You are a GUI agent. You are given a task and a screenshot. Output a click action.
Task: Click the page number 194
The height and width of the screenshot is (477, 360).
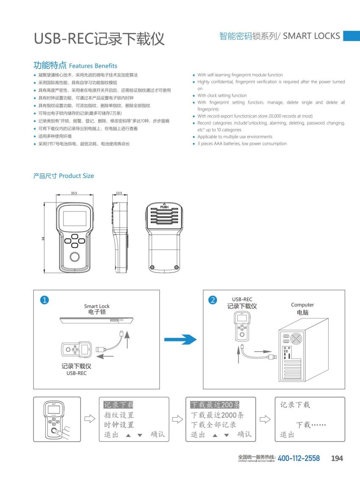[x=337, y=458]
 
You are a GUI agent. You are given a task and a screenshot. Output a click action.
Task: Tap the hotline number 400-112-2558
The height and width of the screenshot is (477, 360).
[x=299, y=458]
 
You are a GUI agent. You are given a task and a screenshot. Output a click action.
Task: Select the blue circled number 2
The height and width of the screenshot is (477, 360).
[x=213, y=300]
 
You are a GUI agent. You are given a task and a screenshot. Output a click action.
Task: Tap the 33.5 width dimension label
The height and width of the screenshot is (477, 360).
[x=74, y=193]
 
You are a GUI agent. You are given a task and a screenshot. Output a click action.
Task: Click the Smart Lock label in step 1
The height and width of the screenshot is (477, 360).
[x=97, y=306]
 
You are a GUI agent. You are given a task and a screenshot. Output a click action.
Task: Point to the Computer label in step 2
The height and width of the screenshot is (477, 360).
[x=302, y=305]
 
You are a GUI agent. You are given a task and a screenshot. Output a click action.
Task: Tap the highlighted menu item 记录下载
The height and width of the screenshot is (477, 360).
[x=119, y=405]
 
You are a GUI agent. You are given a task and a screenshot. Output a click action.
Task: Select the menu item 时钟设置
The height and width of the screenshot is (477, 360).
[x=119, y=424]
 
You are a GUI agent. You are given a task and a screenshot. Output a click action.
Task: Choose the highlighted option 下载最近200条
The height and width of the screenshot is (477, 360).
[x=215, y=405]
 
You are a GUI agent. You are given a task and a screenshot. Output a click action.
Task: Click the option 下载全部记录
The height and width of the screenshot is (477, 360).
[x=213, y=424]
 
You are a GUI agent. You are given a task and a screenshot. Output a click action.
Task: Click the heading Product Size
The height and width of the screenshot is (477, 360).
[x=76, y=176]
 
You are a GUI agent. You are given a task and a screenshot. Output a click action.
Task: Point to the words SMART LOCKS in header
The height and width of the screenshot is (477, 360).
[x=311, y=36]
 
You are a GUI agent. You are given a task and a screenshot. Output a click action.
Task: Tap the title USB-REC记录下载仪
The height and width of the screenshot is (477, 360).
[x=99, y=39]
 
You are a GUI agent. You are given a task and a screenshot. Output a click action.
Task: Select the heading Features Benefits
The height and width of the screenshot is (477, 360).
[x=93, y=66]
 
